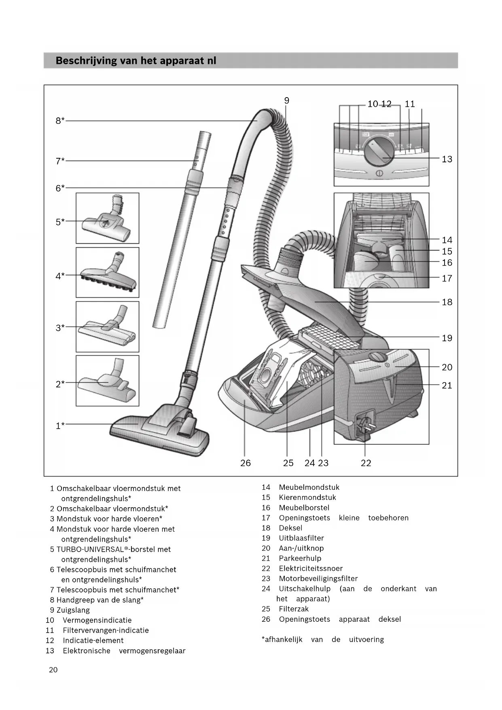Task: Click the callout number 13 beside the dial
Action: point(447,159)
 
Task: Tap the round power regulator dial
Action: point(378,153)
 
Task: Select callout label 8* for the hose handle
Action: point(60,121)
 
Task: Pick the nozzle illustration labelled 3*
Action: point(108,328)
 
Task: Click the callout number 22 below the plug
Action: point(366,463)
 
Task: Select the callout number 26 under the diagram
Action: point(246,463)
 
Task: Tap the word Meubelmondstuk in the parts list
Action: point(309,487)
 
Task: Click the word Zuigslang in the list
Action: point(73,610)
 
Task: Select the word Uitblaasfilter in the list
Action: point(301,538)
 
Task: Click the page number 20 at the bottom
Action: point(53,670)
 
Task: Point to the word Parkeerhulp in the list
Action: point(300,558)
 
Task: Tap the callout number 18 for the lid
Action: point(447,302)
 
